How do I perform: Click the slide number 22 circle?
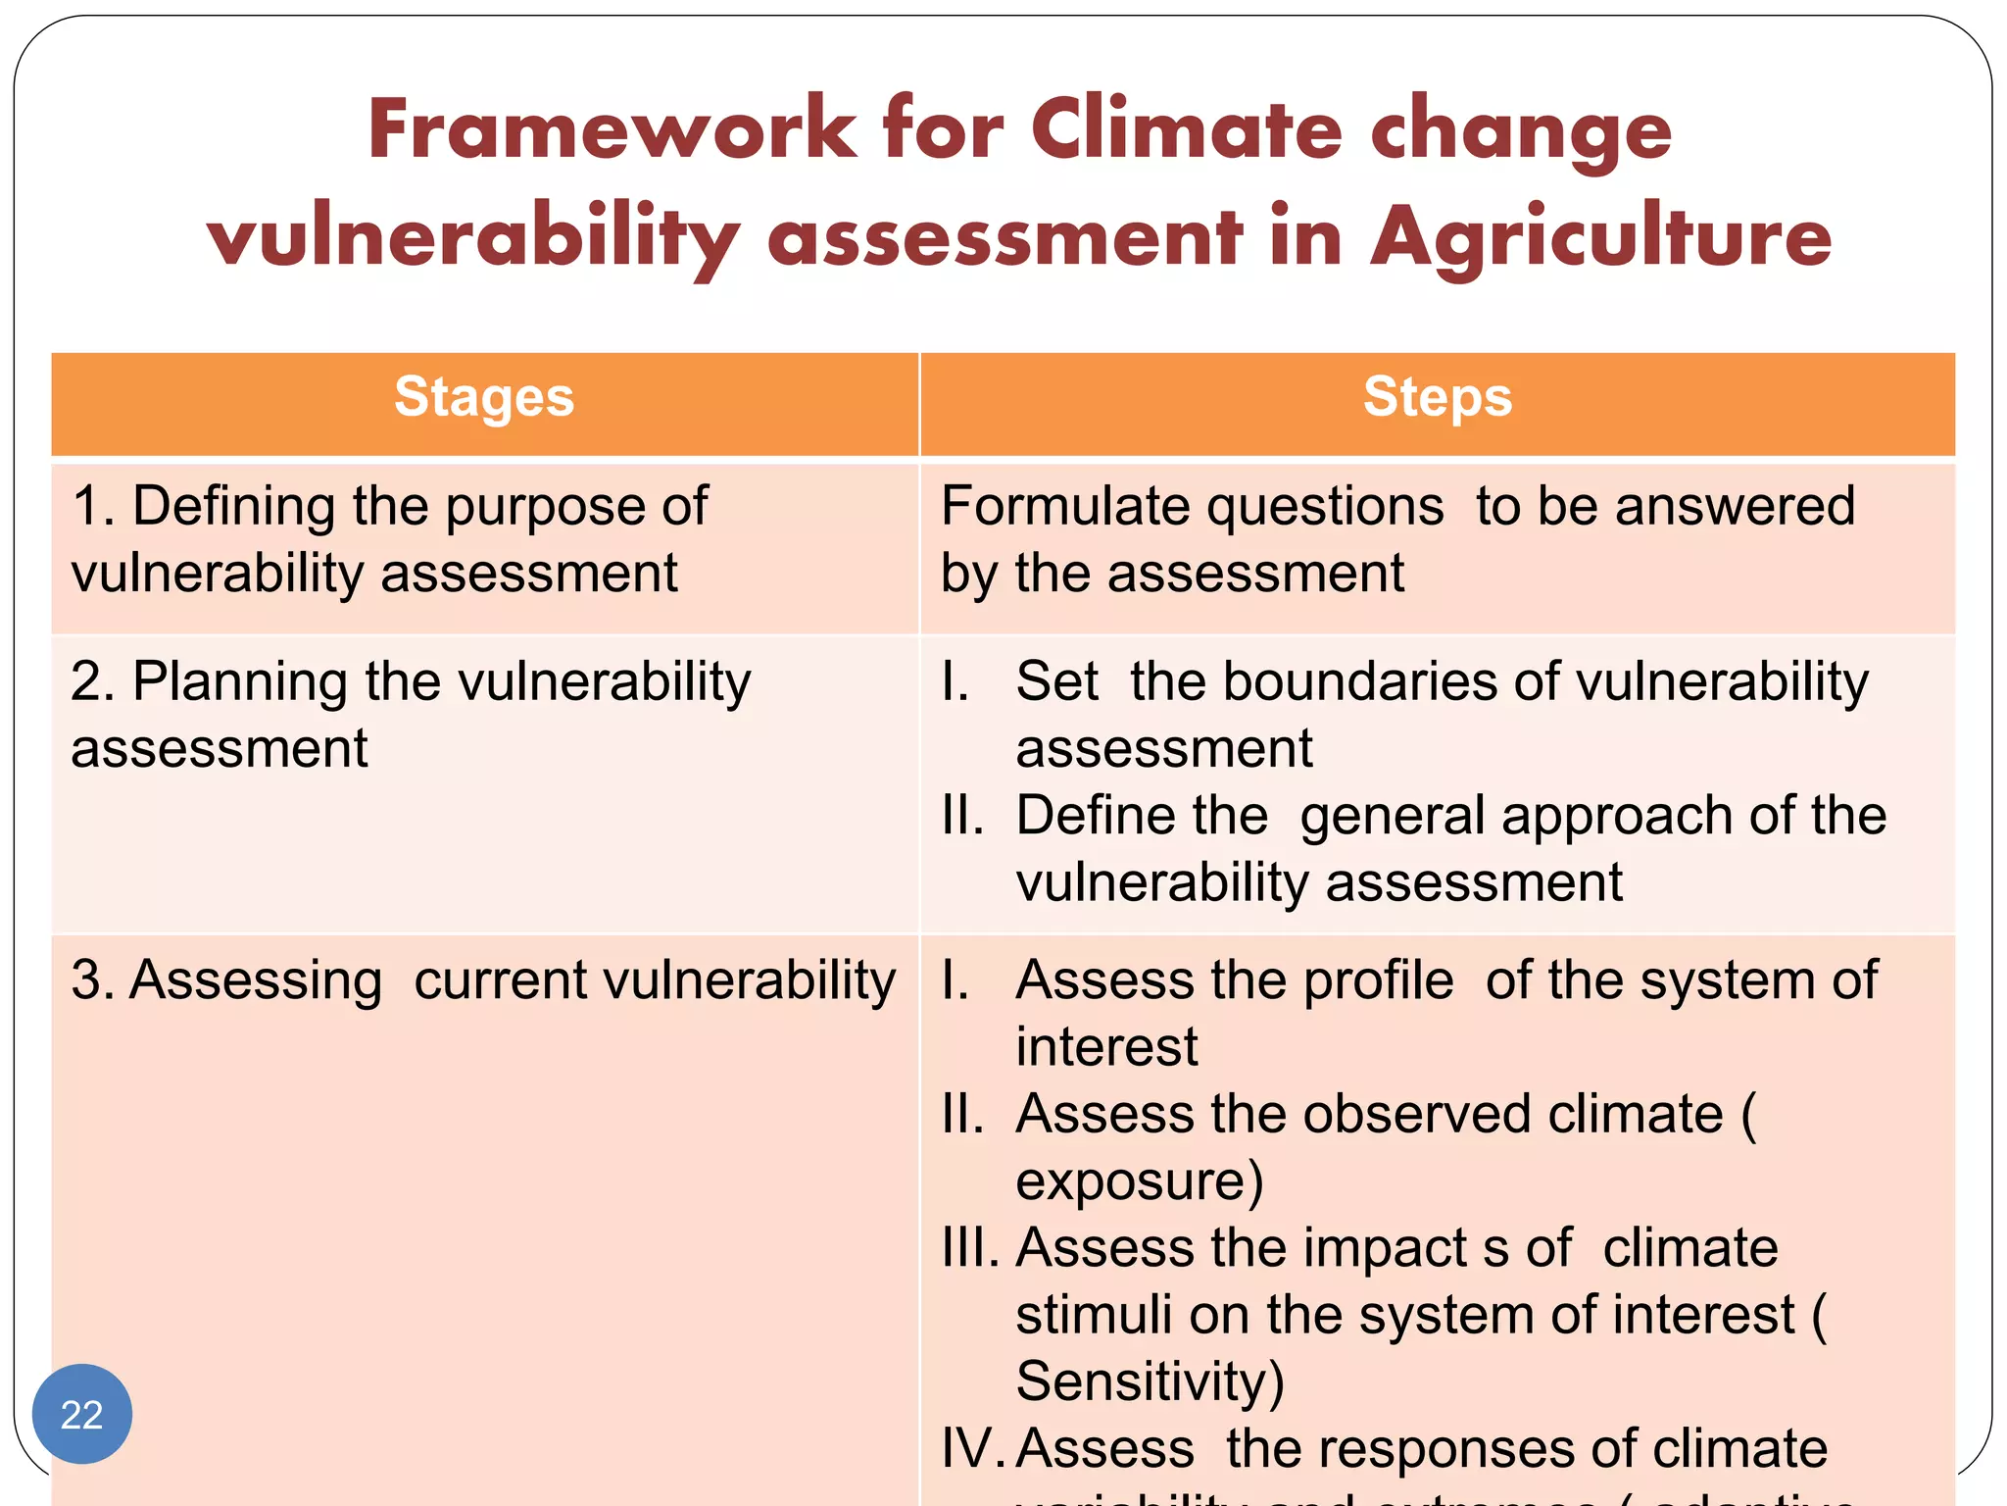[x=81, y=1414]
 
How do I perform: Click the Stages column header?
[x=484, y=397]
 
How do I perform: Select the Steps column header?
[x=1438, y=397]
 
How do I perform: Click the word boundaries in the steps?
[x=1362, y=681]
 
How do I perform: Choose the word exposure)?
[x=1139, y=1180]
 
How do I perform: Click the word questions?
[x=1324, y=507]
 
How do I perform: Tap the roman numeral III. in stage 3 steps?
[x=969, y=1247]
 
